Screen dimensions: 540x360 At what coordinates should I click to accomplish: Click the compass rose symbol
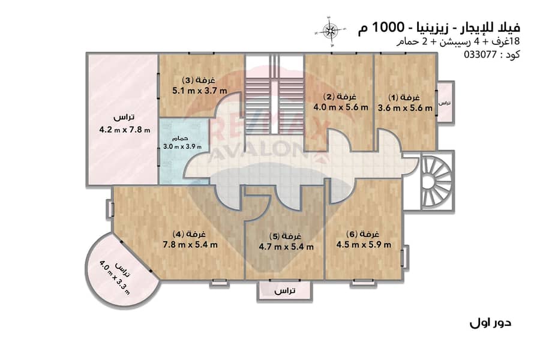coord(330,31)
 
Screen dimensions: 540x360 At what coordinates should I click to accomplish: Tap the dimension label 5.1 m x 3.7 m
coord(200,91)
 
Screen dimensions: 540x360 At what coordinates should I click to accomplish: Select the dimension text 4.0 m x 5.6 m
coord(341,107)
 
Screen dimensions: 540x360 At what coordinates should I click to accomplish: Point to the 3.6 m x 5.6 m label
coord(405,108)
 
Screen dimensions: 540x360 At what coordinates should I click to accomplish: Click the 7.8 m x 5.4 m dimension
coord(190,245)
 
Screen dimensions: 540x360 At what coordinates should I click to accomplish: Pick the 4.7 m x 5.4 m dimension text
coord(286,247)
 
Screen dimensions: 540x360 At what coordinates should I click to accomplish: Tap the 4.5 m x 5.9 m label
coord(364,245)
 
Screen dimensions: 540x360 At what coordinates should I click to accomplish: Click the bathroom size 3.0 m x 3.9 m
coord(182,146)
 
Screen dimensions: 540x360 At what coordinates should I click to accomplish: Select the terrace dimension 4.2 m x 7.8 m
coord(125,130)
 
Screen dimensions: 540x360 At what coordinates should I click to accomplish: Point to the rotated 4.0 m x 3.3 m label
coord(115,277)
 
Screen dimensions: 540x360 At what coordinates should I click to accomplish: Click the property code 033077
coord(481,55)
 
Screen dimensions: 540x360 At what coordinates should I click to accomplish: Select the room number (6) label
coord(352,235)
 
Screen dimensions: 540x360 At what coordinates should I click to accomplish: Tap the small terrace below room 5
coord(285,291)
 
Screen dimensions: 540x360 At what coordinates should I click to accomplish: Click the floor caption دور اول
coord(490,323)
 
